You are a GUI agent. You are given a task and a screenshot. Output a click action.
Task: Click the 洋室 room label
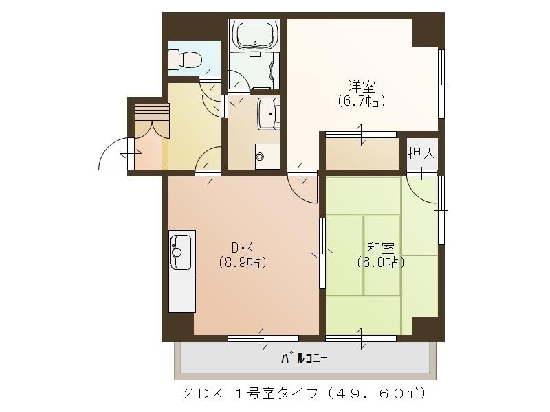click(x=361, y=87)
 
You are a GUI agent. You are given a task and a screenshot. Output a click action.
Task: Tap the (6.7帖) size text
click(x=361, y=101)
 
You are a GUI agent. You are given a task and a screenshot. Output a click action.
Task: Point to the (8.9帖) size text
click(x=242, y=262)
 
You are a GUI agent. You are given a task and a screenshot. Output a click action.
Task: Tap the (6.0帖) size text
click(x=379, y=262)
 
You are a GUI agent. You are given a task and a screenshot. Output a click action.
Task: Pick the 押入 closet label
click(x=421, y=153)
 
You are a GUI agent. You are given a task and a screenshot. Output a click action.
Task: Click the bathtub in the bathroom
click(x=254, y=34)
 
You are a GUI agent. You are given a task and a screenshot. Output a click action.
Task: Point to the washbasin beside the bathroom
click(x=269, y=112)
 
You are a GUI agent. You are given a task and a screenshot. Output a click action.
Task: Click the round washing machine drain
click(x=260, y=157)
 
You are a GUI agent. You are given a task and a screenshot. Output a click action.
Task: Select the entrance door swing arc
click(x=113, y=154)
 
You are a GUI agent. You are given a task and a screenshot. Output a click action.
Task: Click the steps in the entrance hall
click(x=151, y=111)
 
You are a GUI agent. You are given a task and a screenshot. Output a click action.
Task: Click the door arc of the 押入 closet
click(x=421, y=188)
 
